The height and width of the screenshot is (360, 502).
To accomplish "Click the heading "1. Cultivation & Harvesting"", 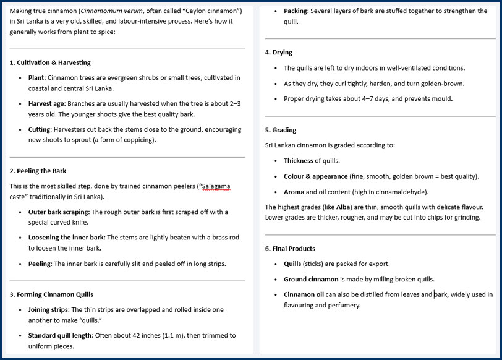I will pos(50,62).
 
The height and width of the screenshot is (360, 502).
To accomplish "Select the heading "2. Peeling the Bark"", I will pos(38,171).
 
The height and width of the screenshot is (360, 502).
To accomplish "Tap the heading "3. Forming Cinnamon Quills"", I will pos(51,294).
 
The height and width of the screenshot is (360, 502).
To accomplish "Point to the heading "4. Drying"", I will pos(278,53).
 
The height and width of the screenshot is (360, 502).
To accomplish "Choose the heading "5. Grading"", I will pos(280,130).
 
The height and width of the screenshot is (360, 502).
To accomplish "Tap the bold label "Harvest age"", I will pos(46,103).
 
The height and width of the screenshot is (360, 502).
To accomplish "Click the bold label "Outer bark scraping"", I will pos(59,212).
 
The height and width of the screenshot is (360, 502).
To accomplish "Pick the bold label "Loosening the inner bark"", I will pos(66,238).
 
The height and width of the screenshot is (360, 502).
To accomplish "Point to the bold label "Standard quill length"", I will pos(60,335).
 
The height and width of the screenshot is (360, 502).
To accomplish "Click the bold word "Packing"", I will pos(296,11).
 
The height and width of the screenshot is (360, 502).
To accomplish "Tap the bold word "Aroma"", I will pos(294,192).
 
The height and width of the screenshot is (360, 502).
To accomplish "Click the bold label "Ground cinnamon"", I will pos(311,279).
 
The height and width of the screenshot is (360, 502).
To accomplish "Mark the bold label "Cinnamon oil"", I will pos(304,294).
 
